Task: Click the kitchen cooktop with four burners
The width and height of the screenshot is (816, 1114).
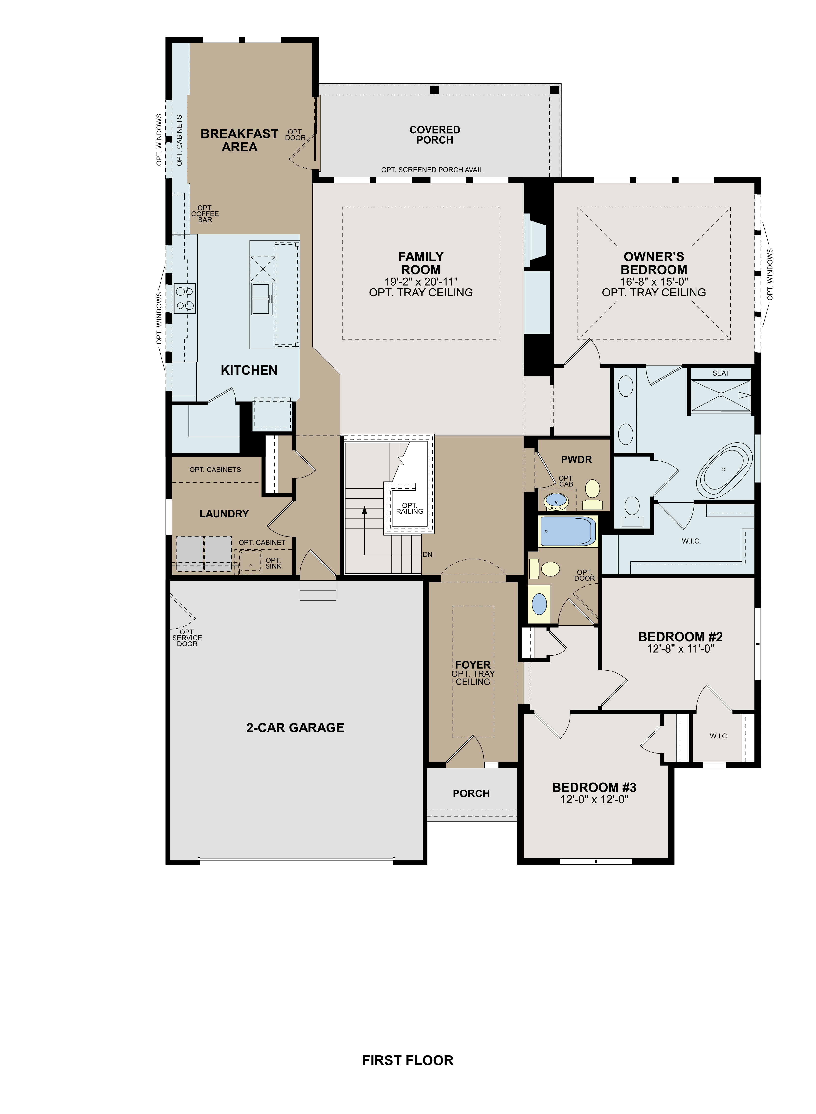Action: coord(185,298)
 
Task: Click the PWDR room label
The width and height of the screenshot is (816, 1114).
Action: coord(576,459)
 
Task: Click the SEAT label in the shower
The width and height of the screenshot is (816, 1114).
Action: coord(721,373)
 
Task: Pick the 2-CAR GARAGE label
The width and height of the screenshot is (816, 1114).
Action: coord(295,728)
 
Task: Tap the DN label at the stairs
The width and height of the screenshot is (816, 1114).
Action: coord(427,555)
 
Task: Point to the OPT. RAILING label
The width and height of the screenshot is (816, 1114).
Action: coord(410,508)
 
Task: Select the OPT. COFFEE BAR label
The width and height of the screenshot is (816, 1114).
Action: coord(205,214)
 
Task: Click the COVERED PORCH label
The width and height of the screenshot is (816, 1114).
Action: coord(435,135)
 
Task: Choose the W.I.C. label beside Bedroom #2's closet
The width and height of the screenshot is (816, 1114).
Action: coord(719,736)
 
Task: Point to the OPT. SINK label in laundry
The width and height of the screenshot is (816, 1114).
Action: coord(273,563)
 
